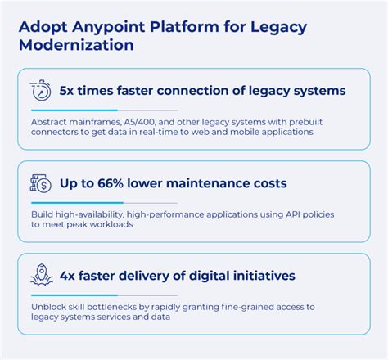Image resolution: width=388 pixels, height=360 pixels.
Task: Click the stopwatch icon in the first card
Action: pyautogui.click(x=40, y=91)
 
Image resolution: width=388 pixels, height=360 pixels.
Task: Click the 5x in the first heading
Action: pyautogui.click(x=68, y=91)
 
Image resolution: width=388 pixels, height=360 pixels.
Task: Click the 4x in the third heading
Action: pyautogui.click(x=68, y=276)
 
